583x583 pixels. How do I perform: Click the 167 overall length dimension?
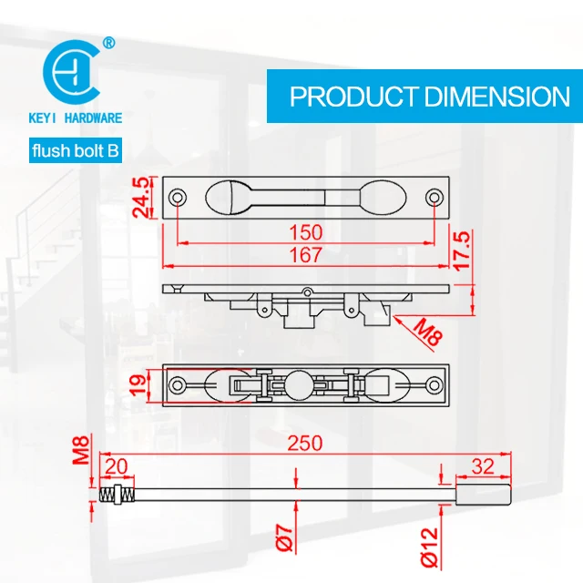point(307,257)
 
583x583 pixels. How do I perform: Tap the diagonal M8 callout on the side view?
point(426,330)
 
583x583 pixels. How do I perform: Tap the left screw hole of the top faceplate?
point(178,197)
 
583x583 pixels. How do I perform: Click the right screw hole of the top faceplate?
point(436,197)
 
